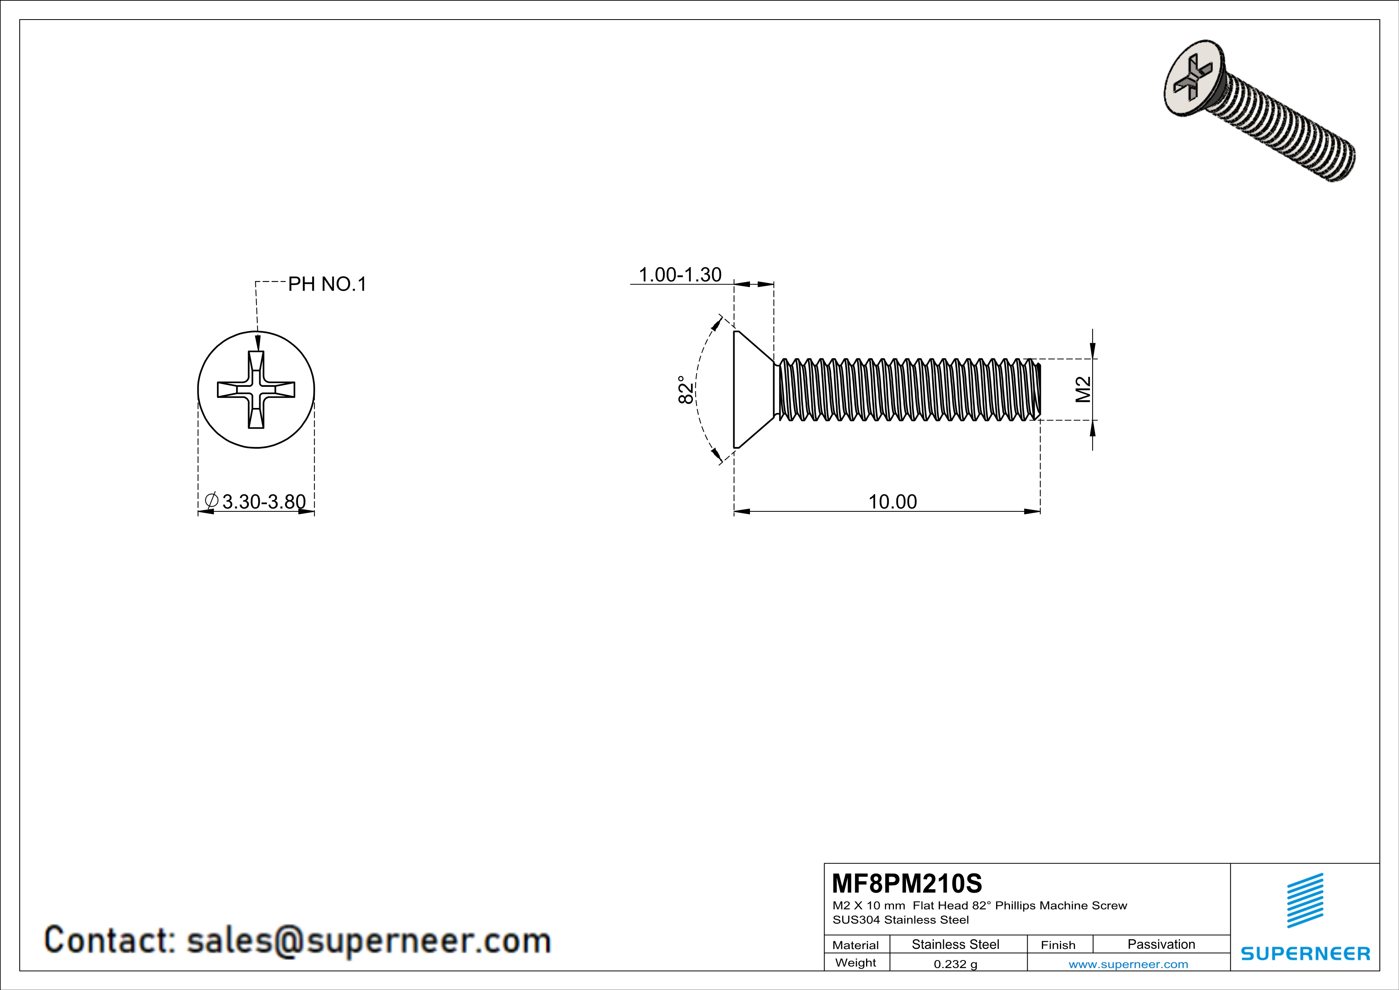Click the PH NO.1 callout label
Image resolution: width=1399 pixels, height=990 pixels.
[x=327, y=284]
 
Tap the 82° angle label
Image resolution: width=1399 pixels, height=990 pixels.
[x=685, y=390]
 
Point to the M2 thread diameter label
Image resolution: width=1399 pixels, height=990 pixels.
[x=1083, y=390]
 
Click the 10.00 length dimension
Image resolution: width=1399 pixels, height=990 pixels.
[x=892, y=502]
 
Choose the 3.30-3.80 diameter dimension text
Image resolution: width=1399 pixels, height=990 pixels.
[x=263, y=502]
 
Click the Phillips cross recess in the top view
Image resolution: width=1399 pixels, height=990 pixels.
[x=256, y=390]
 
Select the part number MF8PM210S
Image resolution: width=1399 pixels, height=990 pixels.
[x=907, y=883]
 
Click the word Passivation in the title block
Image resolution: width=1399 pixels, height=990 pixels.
[x=1161, y=944]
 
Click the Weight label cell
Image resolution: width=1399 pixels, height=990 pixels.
[x=856, y=962]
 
